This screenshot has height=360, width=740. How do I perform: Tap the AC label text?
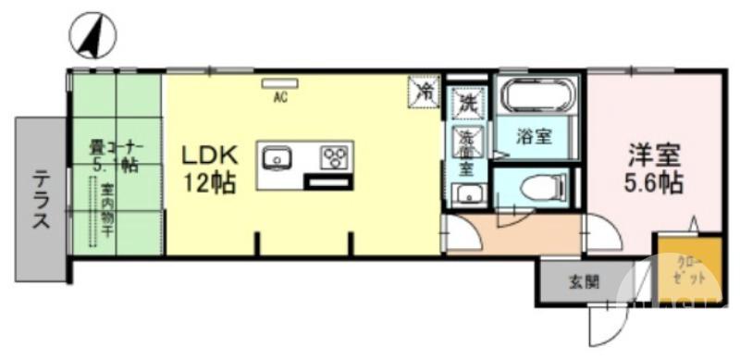[277, 94]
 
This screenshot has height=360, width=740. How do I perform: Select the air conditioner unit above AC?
[277, 82]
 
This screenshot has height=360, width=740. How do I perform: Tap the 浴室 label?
[534, 137]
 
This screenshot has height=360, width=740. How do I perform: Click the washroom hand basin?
[467, 195]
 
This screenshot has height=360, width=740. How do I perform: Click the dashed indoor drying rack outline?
[93, 213]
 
